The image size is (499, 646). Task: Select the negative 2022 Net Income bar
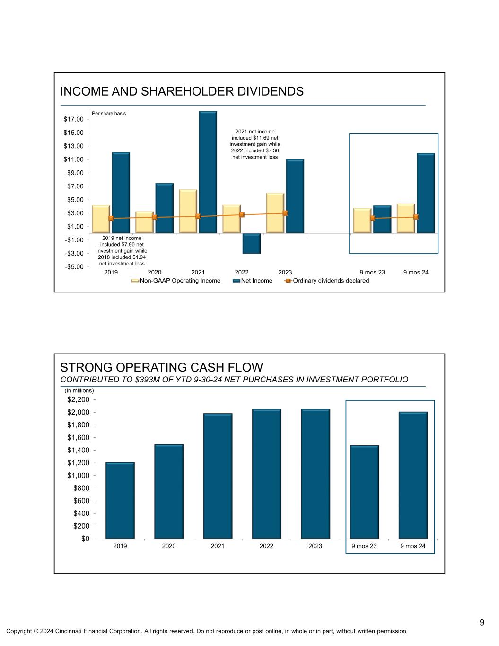tap(251, 244)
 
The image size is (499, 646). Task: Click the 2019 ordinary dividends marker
tap(111, 218)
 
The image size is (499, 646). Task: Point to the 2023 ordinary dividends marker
tap(285, 213)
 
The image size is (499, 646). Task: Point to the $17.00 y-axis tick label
tap(73, 119)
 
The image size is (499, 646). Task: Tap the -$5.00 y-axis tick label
tap(73, 267)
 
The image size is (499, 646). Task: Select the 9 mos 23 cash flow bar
tap(364, 492)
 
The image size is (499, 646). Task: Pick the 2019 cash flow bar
tap(120, 500)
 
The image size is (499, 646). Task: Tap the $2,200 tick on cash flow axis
tap(79, 400)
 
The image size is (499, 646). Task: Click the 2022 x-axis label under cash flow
tap(266, 546)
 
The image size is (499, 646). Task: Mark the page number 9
tap(481, 622)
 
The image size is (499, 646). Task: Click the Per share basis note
tap(109, 114)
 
